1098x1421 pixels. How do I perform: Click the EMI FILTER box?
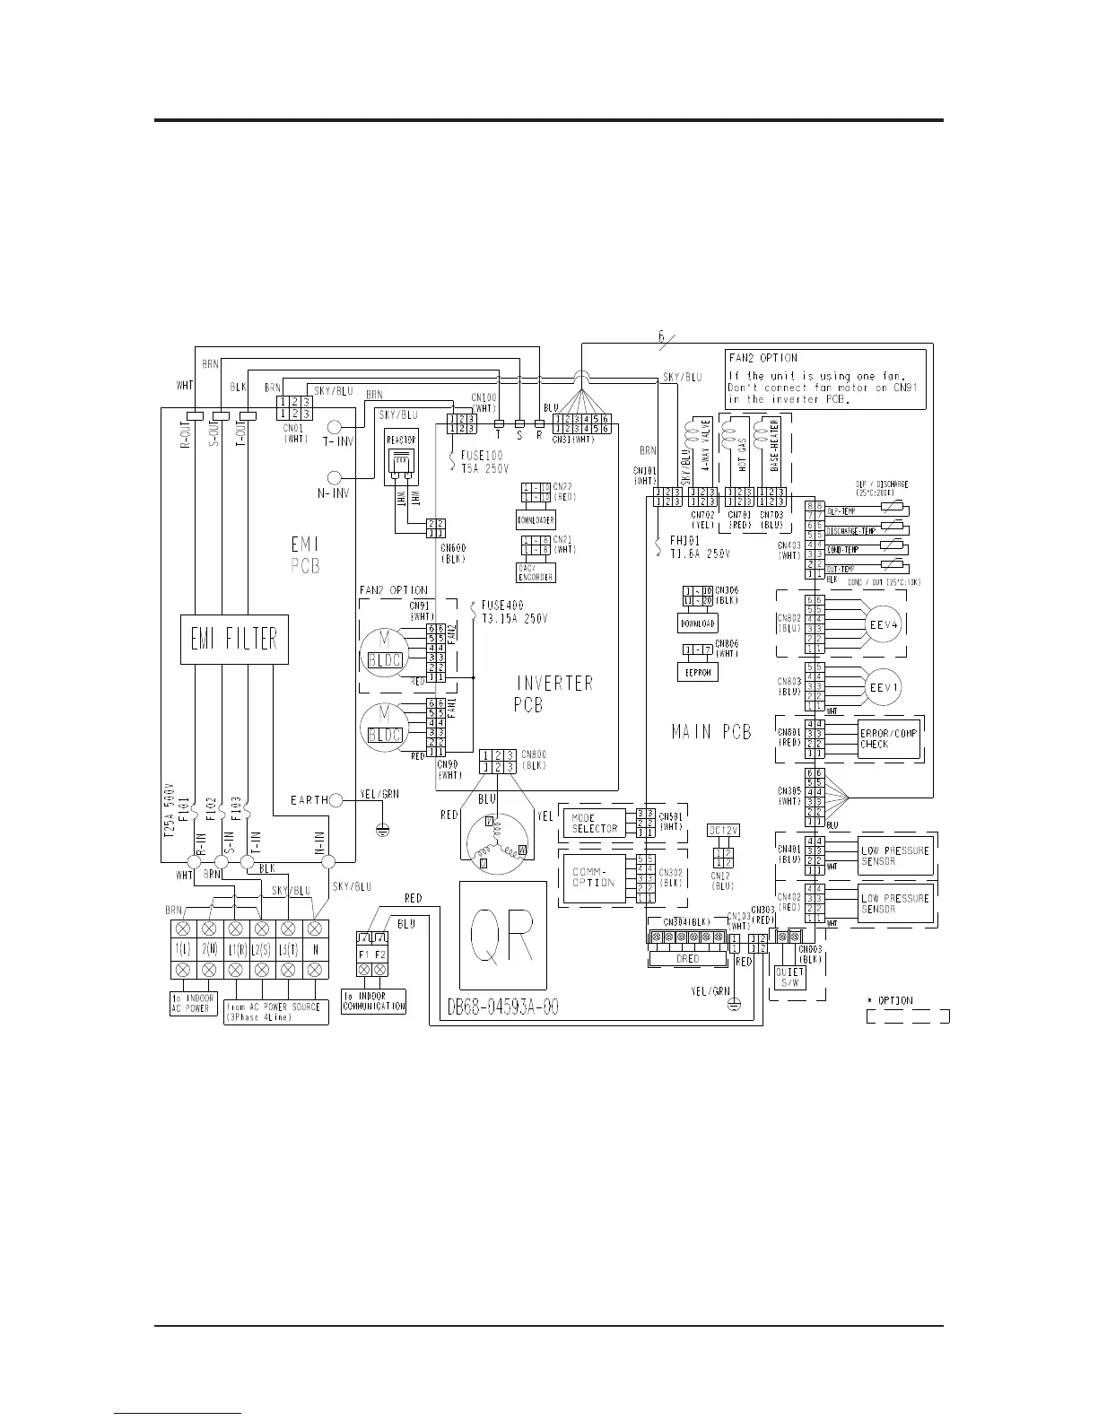(234, 639)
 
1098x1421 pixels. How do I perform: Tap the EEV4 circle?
(882, 624)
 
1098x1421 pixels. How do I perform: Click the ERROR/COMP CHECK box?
(889, 739)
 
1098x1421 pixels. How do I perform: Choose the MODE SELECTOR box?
(595, 823)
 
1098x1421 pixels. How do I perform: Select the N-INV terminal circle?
(335, 479)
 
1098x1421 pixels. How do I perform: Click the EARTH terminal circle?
(336, 799)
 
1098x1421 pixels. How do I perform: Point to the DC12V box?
(723, 831)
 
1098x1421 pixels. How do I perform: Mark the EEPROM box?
(697, 671)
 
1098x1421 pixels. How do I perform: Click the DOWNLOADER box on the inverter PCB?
(536, 519)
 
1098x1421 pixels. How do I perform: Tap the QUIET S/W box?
(789, 978)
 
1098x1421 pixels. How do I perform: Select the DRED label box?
(688, 959)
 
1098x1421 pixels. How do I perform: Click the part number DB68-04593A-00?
(502, 1007)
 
